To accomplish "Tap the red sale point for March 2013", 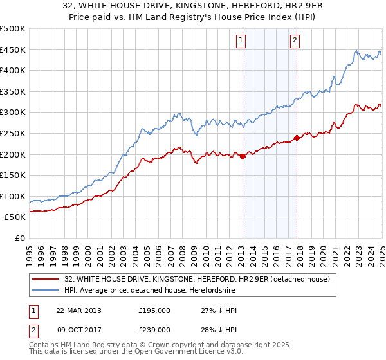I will point(243,156).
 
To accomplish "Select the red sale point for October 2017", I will point(297,138).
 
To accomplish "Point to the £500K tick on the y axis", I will point(13,29).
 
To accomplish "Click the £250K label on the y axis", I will point(13,133).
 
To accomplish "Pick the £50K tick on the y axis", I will point(15,217).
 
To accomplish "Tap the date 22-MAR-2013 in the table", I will point(78,310).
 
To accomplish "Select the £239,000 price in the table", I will point(154,329).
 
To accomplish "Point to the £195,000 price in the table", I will point(154,310).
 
